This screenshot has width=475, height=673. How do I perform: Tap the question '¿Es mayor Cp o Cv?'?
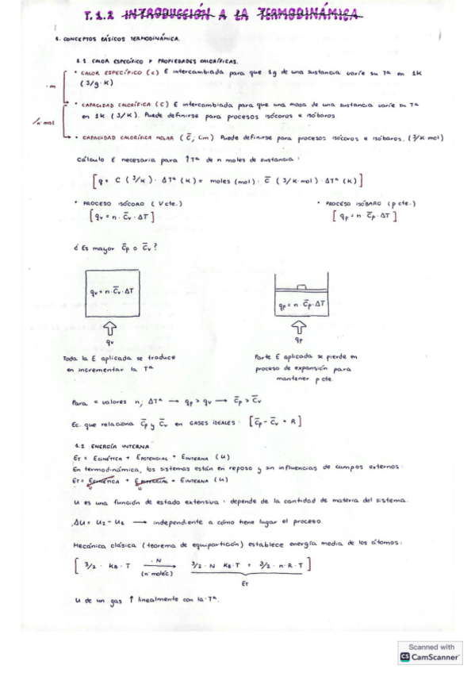coord(113,247)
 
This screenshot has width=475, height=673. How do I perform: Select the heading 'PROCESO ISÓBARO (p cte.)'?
coord(361,202)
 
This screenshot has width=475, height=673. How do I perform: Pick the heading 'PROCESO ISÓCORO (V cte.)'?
coord(121,202)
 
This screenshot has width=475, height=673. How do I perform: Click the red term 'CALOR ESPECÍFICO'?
coord(110,71)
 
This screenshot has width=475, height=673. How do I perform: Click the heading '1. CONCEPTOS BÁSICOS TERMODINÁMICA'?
coord(119,38)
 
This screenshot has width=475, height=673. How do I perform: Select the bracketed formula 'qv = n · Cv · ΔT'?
coord(121,214)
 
